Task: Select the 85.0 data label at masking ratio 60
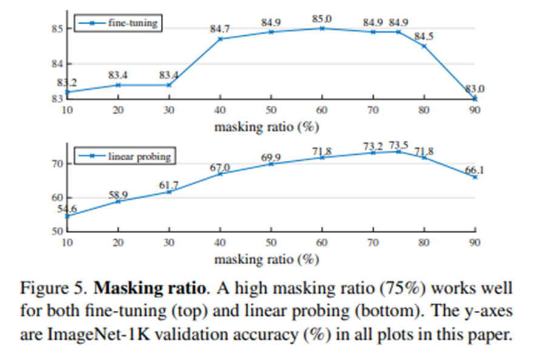[322, 19]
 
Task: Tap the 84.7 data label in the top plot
[220, 29]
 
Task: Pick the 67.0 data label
[220, 167]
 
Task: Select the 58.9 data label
[118, 194]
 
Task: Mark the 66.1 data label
[473, 170]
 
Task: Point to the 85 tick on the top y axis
[55, 29]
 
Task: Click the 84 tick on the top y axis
[55, 64]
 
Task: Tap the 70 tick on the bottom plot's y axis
[56, 164]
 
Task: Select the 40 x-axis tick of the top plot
[220, 110]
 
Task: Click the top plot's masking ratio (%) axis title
[266, 127]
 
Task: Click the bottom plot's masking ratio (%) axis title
[266, 259]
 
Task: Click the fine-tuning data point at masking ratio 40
[220, 39]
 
